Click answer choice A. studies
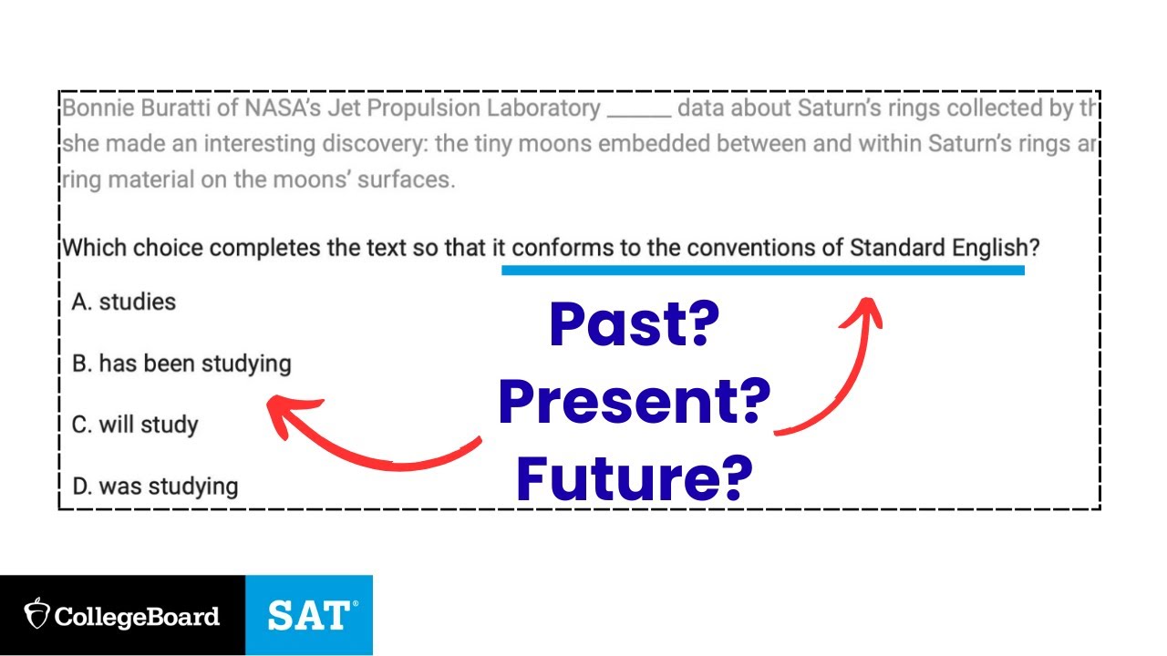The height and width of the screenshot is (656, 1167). [124, 302]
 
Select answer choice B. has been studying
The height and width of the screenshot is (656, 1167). [181, 364]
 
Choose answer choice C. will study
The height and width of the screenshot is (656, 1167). [135, 425]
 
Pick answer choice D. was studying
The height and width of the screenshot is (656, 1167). [155, 486]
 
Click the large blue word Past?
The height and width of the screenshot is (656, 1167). [634, 325]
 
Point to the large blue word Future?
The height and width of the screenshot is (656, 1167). [634, 479]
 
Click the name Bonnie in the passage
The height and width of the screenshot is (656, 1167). [96, 109]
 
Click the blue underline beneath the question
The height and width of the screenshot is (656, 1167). [762, 270]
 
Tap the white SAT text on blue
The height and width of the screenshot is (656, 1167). [308, 616]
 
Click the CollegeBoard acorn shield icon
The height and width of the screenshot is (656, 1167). [36, 615]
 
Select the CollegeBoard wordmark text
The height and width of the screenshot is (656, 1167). [137, 616]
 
